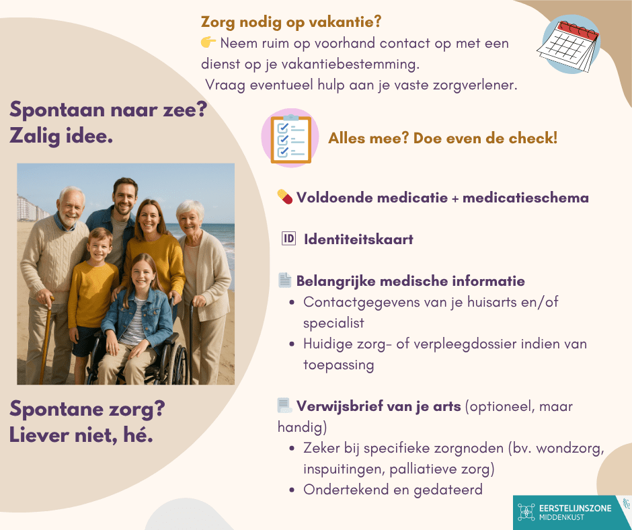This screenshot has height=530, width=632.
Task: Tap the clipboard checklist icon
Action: click(290, 138)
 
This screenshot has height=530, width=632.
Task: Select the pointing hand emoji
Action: click(208, 42)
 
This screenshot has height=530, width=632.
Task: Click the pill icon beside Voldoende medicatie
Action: click(285, 197)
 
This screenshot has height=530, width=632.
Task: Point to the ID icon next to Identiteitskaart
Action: click(288, 239)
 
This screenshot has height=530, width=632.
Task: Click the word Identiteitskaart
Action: click(358, 239)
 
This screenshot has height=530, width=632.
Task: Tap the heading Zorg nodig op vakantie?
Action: click(291, 22)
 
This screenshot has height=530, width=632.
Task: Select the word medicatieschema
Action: click(526, 198)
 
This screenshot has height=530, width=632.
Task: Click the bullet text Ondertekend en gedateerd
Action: click(393, 490)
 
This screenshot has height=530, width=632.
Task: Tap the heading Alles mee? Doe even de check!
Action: click(443, 139)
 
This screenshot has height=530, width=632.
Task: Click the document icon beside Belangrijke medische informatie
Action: click(285, 280)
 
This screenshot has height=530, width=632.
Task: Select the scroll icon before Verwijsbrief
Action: click(284, 406)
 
